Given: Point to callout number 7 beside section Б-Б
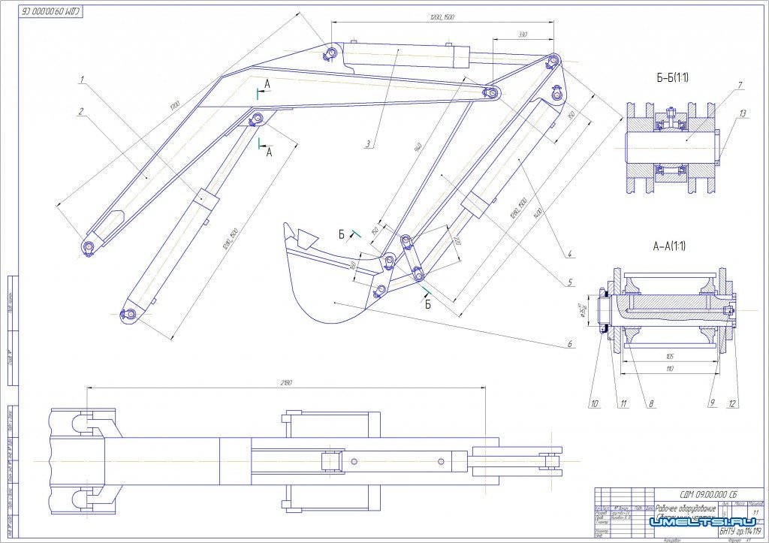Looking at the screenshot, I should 740,86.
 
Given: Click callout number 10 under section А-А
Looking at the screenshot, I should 594,403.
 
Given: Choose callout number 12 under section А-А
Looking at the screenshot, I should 732,403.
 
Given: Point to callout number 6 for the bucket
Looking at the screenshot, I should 570,344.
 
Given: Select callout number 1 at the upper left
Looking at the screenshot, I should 80,78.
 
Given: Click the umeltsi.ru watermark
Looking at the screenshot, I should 699,521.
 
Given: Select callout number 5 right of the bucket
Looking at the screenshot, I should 571,282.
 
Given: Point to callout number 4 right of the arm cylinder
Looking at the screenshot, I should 570,254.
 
